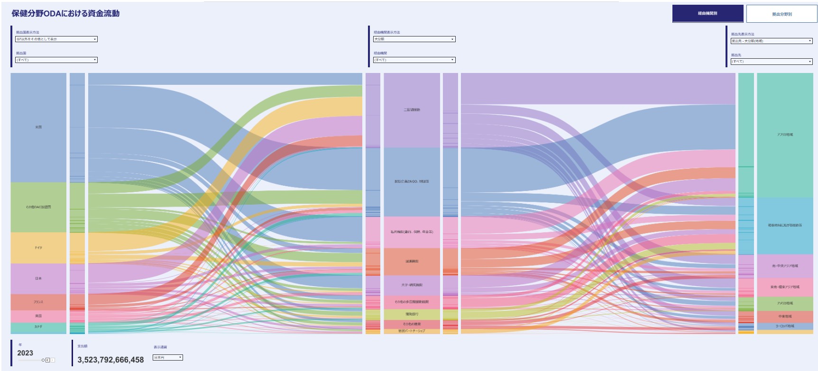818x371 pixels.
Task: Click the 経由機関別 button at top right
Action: coord(707,13)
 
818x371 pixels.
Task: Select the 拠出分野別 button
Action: coord(781,14)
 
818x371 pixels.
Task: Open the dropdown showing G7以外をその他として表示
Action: coord(56,39)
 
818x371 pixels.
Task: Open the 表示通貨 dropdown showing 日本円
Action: coord(167,358)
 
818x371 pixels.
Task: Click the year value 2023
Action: coord(25,353)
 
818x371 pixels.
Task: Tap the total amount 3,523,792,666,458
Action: coord(110,360)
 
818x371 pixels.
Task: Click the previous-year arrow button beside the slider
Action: coord(47,360)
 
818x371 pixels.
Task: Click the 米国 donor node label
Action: coord(38,127)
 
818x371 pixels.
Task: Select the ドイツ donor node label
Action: coord(38,248)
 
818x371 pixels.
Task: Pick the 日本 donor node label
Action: coord(38,279)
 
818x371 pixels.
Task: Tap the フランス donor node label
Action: coord(38,302)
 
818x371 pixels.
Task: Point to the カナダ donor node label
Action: coord(38,327)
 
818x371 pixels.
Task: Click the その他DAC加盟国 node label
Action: coord(38,207)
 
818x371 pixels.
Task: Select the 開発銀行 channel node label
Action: coord(412,314)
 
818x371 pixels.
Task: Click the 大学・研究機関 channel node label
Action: coord(412,285)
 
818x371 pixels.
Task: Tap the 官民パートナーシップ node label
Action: coord(412,331)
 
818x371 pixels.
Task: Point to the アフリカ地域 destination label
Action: coord(785,135)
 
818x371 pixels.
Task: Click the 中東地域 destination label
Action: coord(785,317)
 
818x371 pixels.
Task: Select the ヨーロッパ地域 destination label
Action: coord(785,326)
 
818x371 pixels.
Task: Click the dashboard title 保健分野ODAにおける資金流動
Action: coord(65,14)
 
